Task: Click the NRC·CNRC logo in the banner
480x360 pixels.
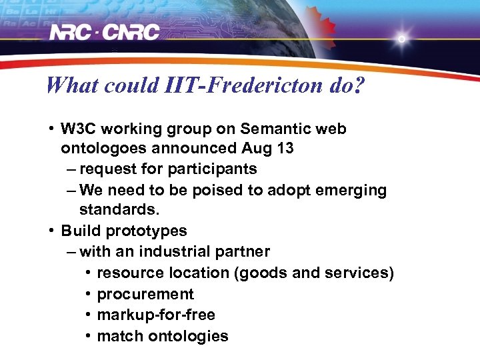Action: click(x=105, y=33)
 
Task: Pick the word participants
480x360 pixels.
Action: click(x=215, y=169)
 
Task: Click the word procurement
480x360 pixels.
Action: click(x=145, y=294)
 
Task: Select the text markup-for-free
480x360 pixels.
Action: click(x=156, y=315)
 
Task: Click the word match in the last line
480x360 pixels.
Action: click(x=117, y=336)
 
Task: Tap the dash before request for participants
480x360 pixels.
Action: click(x=71, y=169)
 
